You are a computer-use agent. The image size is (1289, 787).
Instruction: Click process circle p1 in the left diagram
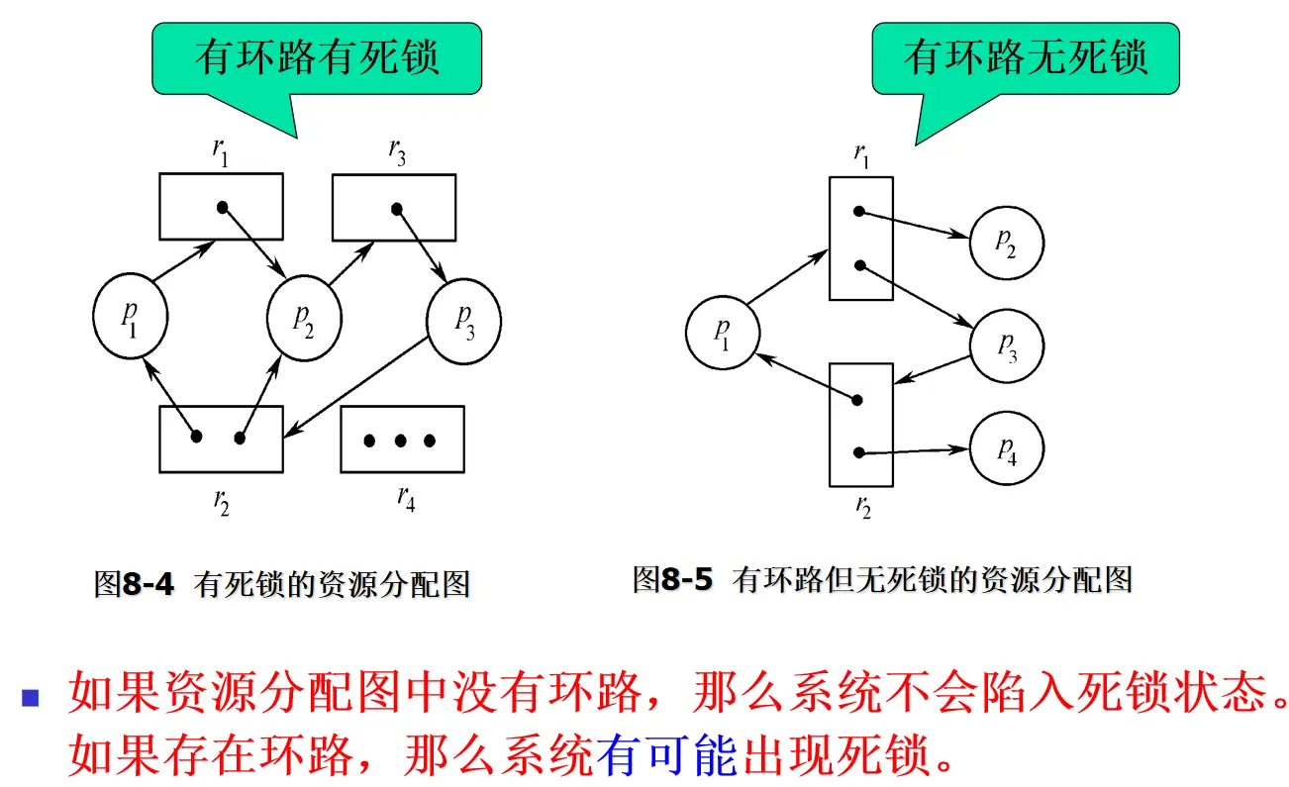[x=129, y=317]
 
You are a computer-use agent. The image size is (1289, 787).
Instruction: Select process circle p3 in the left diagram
[x=463, y=319]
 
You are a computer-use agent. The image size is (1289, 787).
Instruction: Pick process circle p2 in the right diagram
[x=1007, y=243]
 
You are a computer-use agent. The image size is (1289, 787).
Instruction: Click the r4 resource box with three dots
[x=401, y=439]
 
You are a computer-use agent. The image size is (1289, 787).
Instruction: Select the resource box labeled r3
[x=393, y=207]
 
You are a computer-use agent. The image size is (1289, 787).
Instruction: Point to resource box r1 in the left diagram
[x=221, y=207]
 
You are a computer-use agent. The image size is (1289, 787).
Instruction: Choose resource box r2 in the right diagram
[x=860, y=424]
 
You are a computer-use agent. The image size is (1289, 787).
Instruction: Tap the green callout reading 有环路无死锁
[x=1026, y=59]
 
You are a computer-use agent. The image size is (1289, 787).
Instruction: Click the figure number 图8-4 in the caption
[x=134, y=584]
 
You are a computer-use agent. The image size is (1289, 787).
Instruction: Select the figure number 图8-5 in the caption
[x=672, y=579]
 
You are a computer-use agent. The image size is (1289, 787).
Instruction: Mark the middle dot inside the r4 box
[x=401, y=440]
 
